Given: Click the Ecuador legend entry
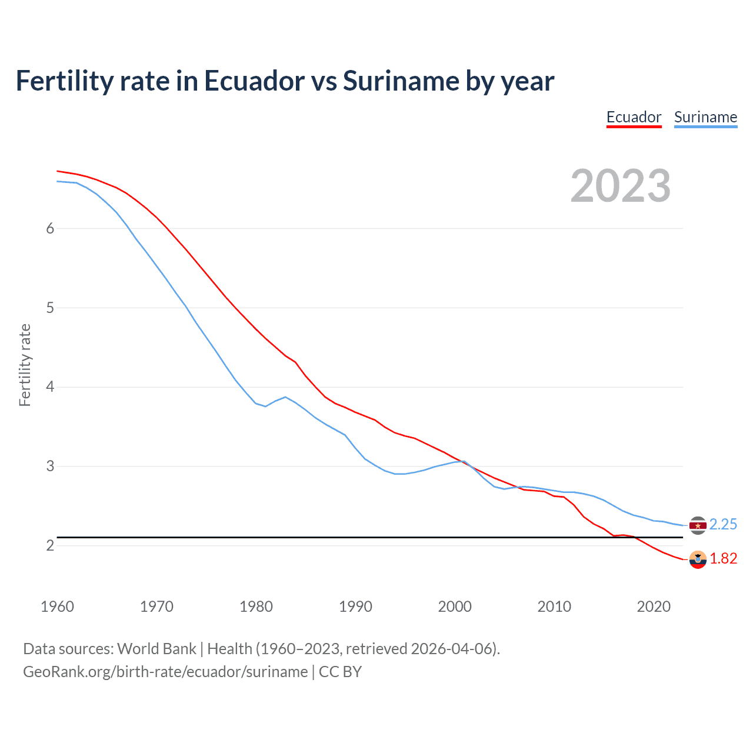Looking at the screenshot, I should click(x=634, y=117).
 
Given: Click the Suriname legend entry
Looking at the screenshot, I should click(x=705, y=117).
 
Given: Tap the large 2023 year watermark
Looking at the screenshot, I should click(x=621, y=186).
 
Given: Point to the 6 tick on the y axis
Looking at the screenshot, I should click(x=50, y=228).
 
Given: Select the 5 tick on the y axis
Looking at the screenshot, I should click(x=50, y=308).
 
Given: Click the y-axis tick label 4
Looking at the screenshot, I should click(x=50, y=387).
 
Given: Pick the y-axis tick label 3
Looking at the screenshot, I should click(x=50, y=467).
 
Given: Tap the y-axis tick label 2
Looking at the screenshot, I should click(x=50, y=546).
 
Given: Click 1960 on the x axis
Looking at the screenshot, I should click(x=57, y=607).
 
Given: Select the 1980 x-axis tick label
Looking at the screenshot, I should click(x=256, y=607).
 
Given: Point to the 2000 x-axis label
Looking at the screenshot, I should click(x=455, y=607).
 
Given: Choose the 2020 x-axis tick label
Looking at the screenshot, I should click(x=654, y=607).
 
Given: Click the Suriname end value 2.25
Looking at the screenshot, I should click(x=723, y=524).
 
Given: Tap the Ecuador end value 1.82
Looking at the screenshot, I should click(x=723, y=558).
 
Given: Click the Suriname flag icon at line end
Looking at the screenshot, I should click(x=698, y=525).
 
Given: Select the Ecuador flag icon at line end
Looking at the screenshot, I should click(x=698, y=559).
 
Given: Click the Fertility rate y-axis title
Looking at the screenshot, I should click(x=25, y=365).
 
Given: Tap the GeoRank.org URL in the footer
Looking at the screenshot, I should click(x=165, y=672).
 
